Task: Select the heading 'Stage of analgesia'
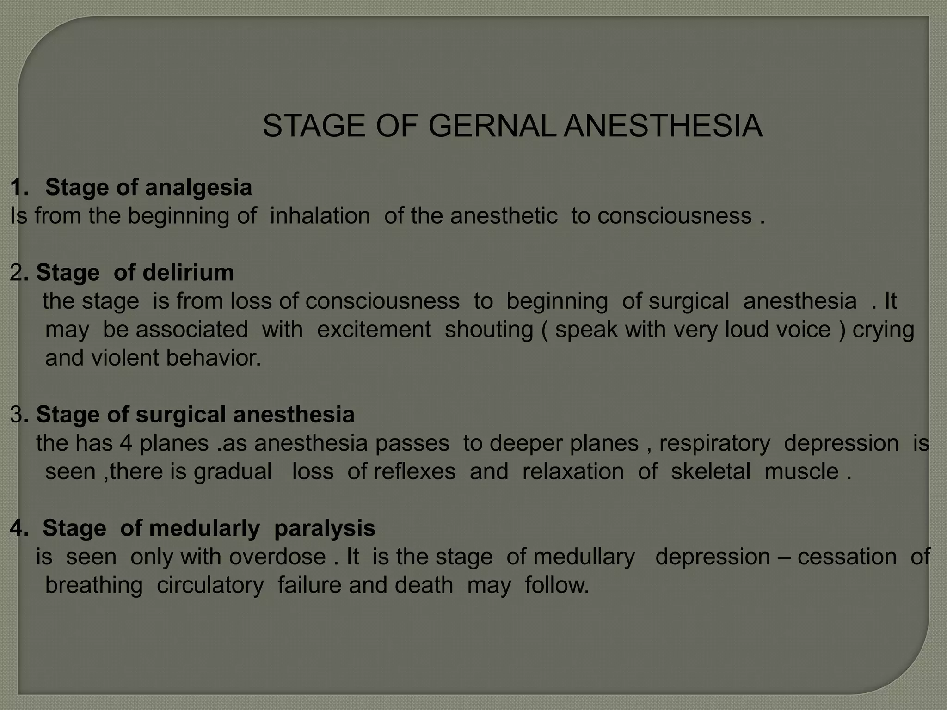148,187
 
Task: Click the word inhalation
320,216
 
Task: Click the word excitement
374,330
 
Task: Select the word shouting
489,330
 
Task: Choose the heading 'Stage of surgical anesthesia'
195,414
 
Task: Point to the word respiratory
714,443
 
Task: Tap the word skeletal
710,471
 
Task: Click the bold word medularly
204,528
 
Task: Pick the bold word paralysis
325,528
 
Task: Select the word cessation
847,557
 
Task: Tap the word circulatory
210,585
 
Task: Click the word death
424,585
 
